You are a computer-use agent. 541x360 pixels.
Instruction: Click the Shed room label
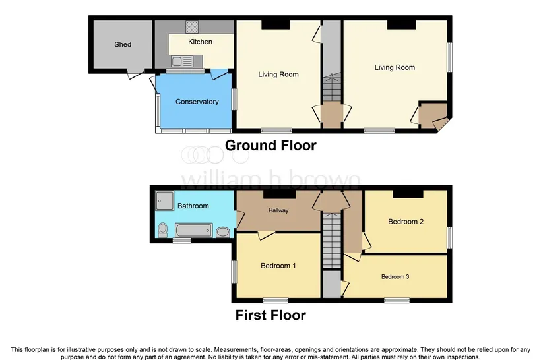coord(123,44)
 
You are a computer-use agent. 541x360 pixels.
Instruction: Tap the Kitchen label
coord(200,42)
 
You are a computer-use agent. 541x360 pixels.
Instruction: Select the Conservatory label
coord(197,102)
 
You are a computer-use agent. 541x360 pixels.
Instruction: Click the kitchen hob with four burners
coord(192,27)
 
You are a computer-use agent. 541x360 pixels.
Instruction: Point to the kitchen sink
coord(182,62)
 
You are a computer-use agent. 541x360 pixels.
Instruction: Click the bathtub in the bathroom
coord(193,230)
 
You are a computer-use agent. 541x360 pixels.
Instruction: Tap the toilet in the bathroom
coord(162,230)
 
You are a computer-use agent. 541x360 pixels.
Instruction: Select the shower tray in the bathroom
coord(164,200)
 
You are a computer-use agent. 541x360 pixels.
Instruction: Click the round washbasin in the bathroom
coord(223,232)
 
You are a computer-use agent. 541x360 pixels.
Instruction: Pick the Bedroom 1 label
coord(278,266)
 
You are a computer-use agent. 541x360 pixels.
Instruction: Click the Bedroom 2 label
coord(406,222)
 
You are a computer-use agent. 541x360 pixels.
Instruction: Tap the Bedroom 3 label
coord(395,276)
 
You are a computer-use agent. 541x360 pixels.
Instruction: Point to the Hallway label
coord(278,210)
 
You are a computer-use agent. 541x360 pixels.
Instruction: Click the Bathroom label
coord(193,206)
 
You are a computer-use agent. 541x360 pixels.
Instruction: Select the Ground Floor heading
coord(270,146)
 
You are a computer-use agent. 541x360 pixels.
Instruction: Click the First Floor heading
coord(270,315)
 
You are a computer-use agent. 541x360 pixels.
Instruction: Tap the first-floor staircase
coord(332,240)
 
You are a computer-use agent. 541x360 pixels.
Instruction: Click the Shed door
coord(135,74)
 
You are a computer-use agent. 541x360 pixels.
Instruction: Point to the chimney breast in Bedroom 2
coord(408,194)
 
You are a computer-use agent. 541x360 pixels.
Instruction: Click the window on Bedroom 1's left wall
coord(234,272)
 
